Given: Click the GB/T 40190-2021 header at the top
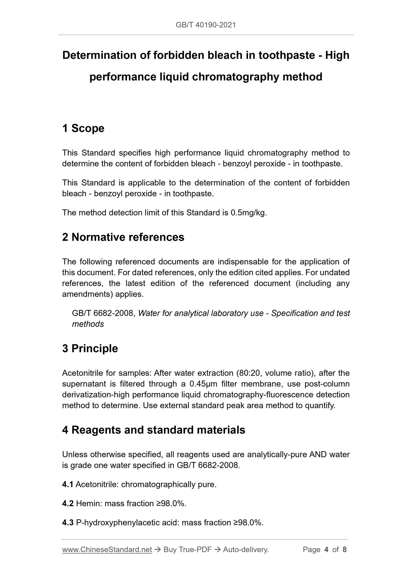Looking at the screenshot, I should pyautogui.click(x=206, y=25).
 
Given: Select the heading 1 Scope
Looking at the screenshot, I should pyautogui.click(x=83, y=128).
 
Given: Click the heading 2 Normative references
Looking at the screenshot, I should pyautogui.click(x=123, y=237).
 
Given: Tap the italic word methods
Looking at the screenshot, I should pyautogui.click(x=88, y=324).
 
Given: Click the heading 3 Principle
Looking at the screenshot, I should pyautogui.click(x=90, y=349).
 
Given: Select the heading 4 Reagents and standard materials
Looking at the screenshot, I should pyautogui.click(x=154, y=430).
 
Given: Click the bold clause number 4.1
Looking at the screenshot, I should pyautogui.click(x=68, y=485).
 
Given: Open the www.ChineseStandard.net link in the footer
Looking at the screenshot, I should pyautogui.click(x=107, y=550).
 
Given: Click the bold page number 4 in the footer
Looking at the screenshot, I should pyautogui.click(x=326, y=550).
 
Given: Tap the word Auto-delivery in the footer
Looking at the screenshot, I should pyautogui.click(x=245, y=550).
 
